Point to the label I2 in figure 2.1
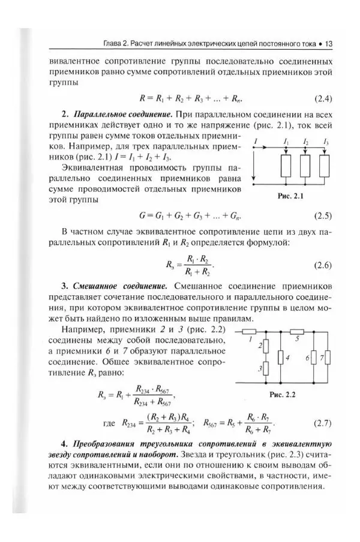pyautogui.click(x=306, y=142)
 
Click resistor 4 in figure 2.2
pyautogui.click(x=281, y=358)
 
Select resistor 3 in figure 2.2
pyautogui.click(x=265, y=369)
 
